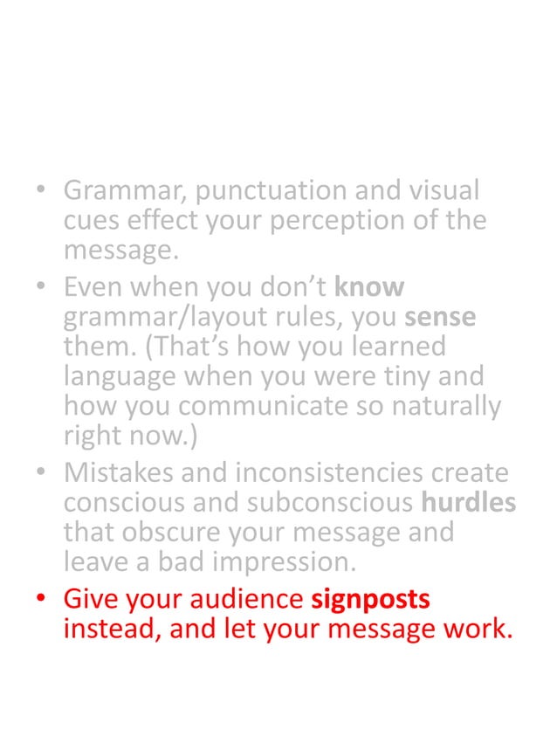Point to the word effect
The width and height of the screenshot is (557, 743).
151,222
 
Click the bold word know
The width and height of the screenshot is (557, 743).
370,286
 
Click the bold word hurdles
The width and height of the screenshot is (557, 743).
468,504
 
